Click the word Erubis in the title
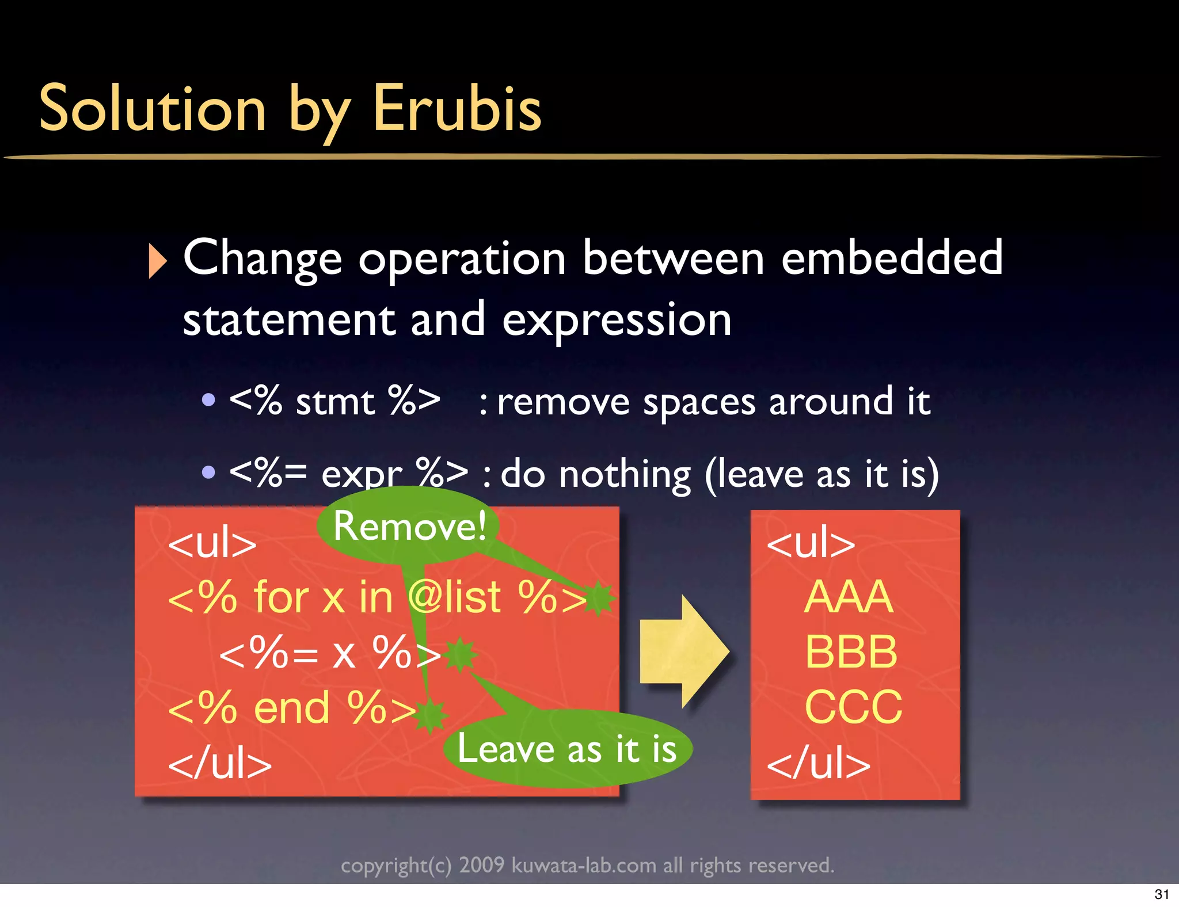[x=457, y=108]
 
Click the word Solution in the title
[x=153, y=108]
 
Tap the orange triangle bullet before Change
[x=157, y=261]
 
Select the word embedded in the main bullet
[x=892, y=257]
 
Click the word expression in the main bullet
[x=617, y=320]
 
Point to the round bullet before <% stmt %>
[x=209, y=399]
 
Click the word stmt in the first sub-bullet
[x=335, y=401]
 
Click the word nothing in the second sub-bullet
[x=625, y=474]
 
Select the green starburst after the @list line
[x=599, y=598]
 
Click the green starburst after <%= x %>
[x=461, y=654]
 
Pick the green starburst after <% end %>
[x=431, y=715]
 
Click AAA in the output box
[x=849, y=597]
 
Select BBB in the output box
[x=851, y=651]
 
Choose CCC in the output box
[x=853, y=707]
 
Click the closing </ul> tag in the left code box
[x=219, y=764]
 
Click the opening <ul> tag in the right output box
[x=811, y=542]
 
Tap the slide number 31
[x=1162, y=894]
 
